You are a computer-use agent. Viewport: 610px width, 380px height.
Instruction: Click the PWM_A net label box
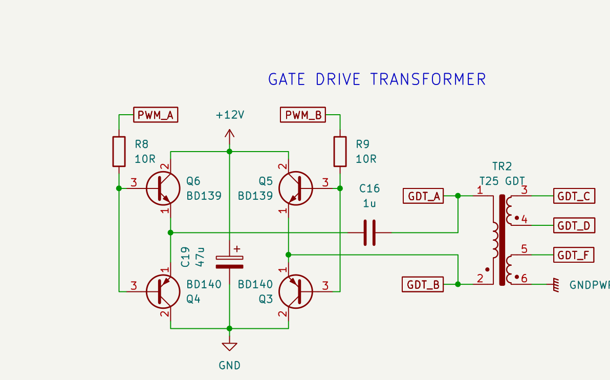click(x=156, y=115)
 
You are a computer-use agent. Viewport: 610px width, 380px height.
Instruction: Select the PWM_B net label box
click(x=302, y=115)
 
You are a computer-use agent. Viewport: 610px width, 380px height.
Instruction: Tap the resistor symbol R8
click(x=119, y=152)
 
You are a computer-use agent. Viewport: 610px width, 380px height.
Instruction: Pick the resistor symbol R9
click(x=340, y=152)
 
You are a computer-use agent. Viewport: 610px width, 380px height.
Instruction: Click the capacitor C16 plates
click(x=369, y=233)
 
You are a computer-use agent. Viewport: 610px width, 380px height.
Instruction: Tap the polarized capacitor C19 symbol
click(x=230, y=262)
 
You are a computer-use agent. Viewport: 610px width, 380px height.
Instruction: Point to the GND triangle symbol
click(x=230, y=346)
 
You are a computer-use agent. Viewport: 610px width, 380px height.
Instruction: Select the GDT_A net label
click(x=423, y=196)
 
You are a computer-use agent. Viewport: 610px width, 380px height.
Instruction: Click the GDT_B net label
click(x=423, y=285)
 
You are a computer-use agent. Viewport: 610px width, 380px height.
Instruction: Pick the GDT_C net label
click(x=574, y=196)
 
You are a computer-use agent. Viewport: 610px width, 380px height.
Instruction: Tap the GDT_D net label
click(x=574, y=225)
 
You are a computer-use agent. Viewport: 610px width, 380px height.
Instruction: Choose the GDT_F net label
click(x=574, y=255)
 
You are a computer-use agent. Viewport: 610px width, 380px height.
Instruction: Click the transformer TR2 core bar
click(x=502, y=240)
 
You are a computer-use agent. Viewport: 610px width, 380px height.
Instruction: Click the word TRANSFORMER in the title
click(x=428, y=79)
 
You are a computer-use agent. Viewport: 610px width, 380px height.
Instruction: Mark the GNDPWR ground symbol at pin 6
click(x=556, y=285)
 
